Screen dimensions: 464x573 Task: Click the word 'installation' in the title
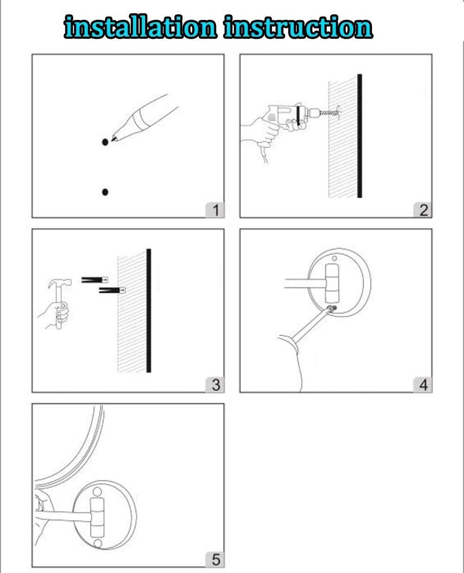[140, 26]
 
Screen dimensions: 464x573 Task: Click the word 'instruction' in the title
[299, 26]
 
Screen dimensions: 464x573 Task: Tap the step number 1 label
[215, 210]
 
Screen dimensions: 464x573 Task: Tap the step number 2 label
[423, 210]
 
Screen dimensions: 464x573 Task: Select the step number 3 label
[215, 385]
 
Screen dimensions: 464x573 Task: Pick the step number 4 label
[423, 385]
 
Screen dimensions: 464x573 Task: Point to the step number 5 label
[215, 560]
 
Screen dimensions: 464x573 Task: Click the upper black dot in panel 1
[105, 142]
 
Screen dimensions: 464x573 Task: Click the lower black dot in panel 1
[105, 192]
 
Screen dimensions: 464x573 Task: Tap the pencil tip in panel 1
[113, 139]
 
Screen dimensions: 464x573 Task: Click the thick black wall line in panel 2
[360, 136]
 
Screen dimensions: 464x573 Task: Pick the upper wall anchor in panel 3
[95, 280]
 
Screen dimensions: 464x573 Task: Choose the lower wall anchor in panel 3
[112, 290]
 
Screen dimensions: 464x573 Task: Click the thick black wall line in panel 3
[149, 311]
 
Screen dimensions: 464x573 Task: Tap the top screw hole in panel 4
[334, 258]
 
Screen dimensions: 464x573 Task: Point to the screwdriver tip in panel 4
[331, 308]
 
